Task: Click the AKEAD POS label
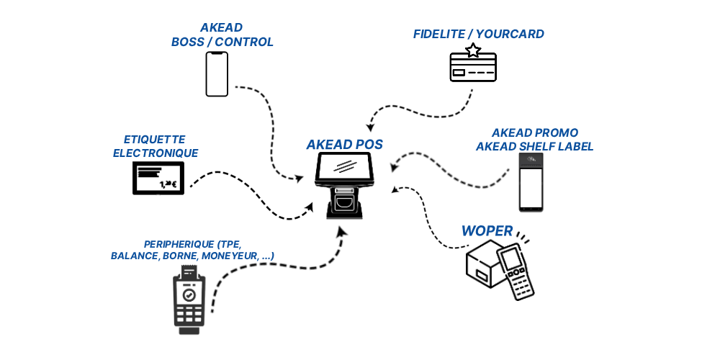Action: click(x=344, y=144)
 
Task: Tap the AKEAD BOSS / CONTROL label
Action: click(x=222, y=35)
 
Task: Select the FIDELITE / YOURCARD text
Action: click(x=478, y=34)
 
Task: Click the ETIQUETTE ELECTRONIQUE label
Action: click(x=155, y=145)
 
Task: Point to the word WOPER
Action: click(x=487, y=231)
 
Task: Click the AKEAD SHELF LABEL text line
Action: click(x=534, y=147)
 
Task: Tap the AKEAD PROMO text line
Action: click(x=534, y=133)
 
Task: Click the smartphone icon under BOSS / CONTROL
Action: click(x=217, y=73)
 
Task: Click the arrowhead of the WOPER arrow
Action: click(x=395, y=190)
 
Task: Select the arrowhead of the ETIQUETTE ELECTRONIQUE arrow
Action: click(x=310, y=208)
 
